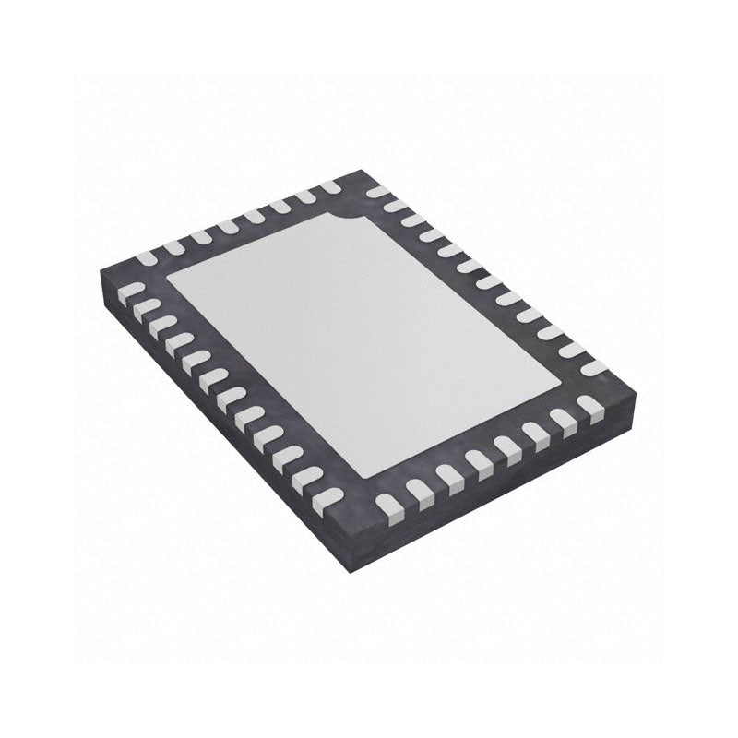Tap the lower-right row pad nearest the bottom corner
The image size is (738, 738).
click(x=389, y=503)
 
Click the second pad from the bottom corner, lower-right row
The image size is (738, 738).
click(x=419, y=489)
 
